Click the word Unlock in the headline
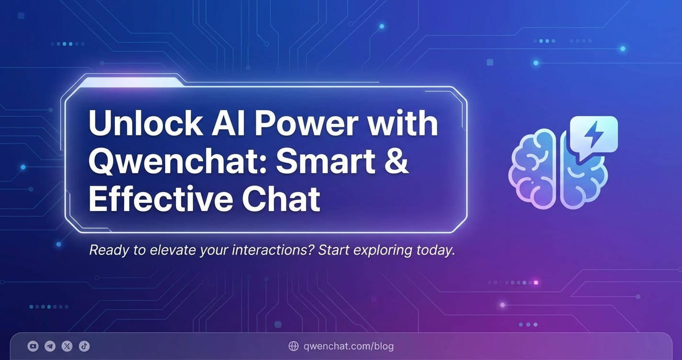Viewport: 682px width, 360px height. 145,124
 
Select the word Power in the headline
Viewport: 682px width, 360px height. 307,124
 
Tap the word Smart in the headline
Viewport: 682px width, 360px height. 326,161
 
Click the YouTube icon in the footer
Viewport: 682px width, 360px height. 33,346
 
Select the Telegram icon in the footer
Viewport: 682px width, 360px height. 50,346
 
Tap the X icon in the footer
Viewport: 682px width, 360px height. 67,346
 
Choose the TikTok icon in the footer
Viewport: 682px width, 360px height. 84,346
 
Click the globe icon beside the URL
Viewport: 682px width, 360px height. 294,346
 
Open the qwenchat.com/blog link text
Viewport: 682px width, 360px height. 349,346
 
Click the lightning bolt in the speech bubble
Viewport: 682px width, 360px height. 593,134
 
